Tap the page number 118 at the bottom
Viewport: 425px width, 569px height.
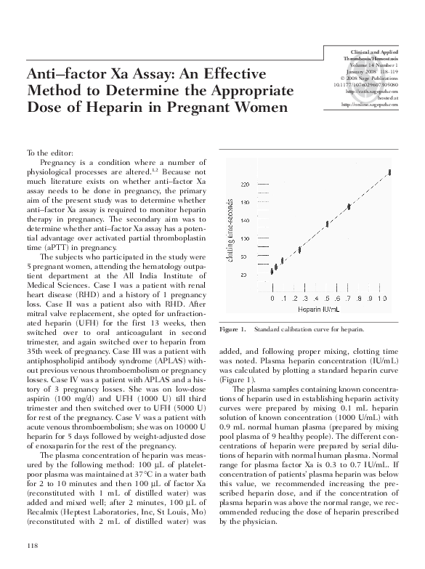[x=32, y=545]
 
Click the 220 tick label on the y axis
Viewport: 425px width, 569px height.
[x=245, y=183]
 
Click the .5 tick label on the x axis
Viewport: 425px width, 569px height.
[x=328, y=298]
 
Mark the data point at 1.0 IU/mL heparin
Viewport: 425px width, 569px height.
[x=390, y=171]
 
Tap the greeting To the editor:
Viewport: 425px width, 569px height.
[x=49, y=153]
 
